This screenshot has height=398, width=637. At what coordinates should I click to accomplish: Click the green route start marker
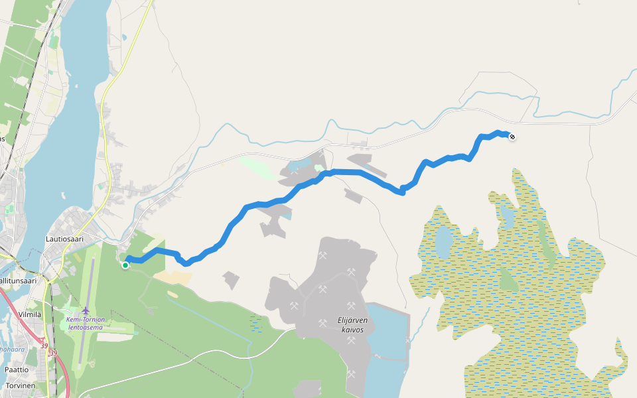point(125,265)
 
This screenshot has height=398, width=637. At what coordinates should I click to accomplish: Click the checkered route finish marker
point(512,137)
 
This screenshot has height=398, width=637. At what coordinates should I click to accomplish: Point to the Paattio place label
point(17,369)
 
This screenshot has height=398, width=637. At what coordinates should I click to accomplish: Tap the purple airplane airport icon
point(86,310)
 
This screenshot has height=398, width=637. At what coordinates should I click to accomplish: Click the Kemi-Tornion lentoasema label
point(85,323)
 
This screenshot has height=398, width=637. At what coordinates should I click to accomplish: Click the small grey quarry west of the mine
point(231,280)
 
